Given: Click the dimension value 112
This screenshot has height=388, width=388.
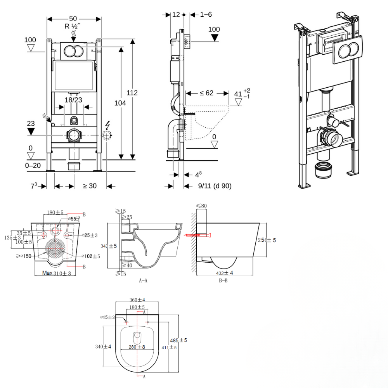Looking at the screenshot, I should [x=132, y=93].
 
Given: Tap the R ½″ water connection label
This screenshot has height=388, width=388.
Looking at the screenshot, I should [x=73, y=26].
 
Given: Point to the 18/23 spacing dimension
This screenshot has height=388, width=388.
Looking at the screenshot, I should [x=73, y=100].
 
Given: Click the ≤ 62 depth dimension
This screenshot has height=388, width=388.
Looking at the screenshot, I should [x=207, y=93].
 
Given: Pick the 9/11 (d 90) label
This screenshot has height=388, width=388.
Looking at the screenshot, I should [x=215, y=186].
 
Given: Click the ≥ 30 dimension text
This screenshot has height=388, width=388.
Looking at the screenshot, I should [x=90, y=186].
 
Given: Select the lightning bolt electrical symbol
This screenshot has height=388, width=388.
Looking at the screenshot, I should [x=107, y=125].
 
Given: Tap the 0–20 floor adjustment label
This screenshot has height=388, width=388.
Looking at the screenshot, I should [x=33, y=166].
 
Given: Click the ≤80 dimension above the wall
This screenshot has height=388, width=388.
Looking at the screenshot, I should [x=201, y=206].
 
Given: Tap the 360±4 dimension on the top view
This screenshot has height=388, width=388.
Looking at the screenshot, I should [x=137, y=300].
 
